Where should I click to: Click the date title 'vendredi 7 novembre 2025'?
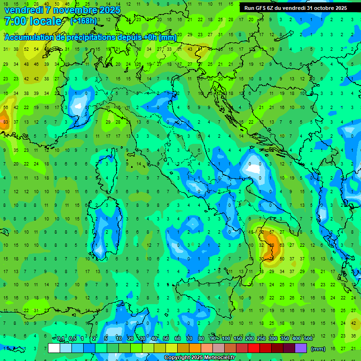(62, 10)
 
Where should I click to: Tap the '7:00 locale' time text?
(33, 21)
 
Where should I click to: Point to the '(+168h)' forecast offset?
(84, 21)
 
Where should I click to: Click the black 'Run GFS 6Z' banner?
(296, 8)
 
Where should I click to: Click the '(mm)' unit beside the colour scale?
(318, 349)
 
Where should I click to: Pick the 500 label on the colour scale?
(308, 338)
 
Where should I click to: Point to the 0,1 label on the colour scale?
(61, 338)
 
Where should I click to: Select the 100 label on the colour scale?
(226, 338)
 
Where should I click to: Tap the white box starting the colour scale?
(54, 348)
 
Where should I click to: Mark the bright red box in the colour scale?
(254, 348)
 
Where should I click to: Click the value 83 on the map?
(6, 122)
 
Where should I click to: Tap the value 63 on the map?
(282, 245)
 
